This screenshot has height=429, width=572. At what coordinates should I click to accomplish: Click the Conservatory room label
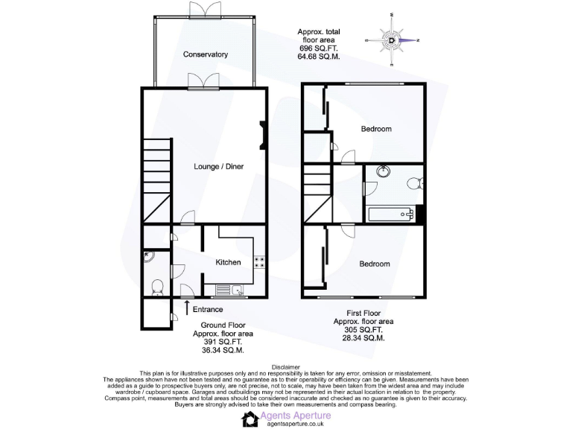pos(206,54)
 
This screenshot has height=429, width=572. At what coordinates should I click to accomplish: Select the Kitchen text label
pos(228,262)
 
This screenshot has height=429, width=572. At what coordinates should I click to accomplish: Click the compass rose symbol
pos(392,39)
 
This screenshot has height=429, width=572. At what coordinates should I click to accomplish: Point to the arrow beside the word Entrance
pos(185,307)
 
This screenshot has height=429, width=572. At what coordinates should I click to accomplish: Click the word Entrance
pos(208,309)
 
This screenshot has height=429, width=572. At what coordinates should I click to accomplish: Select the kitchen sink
pos(236,289)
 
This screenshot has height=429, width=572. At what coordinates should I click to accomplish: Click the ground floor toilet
pos(157,286)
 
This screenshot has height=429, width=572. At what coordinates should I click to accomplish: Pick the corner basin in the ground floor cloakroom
pos(147,257)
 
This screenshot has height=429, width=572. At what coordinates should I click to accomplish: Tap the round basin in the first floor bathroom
pos(384,171)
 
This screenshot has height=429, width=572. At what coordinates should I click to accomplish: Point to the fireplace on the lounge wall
pos(262,134)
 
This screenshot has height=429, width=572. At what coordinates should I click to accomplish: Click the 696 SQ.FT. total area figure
pos(319,48)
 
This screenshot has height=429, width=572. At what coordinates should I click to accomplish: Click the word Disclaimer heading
pos(286,366)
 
